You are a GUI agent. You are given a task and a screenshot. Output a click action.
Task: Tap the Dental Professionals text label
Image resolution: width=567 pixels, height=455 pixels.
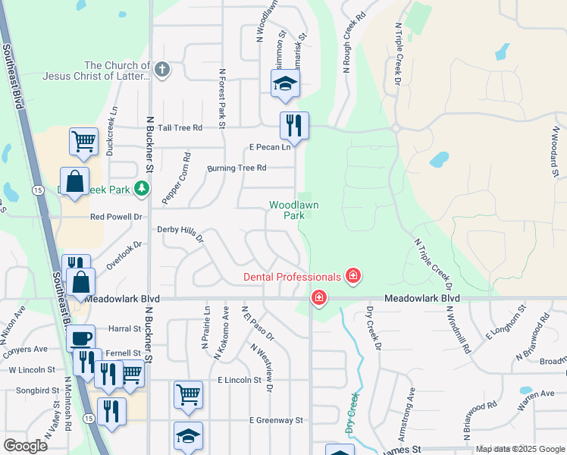(x=293, y=277)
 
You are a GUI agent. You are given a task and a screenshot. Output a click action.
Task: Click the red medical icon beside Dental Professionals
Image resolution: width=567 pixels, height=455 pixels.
(x=352, y=276)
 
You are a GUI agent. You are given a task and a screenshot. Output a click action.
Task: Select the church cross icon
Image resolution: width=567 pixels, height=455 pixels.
(x=161, y=71)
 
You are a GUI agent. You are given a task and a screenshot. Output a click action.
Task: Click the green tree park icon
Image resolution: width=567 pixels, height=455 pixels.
(x=141, y=188)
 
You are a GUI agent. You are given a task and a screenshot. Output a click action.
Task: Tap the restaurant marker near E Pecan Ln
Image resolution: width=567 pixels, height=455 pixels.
(x=294, y=126)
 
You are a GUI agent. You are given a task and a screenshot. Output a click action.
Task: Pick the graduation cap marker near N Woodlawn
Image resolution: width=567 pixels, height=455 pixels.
(x=285, y=84)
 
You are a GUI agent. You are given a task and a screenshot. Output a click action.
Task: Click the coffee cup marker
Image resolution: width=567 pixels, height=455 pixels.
(x=81, y=338)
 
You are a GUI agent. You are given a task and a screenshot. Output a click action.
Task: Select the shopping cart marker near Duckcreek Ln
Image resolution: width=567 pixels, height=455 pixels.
(x=83, y=141)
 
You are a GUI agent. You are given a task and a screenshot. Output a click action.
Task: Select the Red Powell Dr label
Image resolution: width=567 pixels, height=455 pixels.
(x=116, y=217)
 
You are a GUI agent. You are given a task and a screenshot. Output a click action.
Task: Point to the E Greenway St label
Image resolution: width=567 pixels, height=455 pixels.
(x=276, y=420)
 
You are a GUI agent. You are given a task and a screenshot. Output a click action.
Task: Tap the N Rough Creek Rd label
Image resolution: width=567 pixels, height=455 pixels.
(x=352, y=42)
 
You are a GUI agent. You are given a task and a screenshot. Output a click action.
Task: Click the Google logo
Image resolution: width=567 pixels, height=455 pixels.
(x=25, y=446)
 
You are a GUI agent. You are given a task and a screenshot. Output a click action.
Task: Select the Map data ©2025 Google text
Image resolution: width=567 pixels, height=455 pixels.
(x=520, y=449)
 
